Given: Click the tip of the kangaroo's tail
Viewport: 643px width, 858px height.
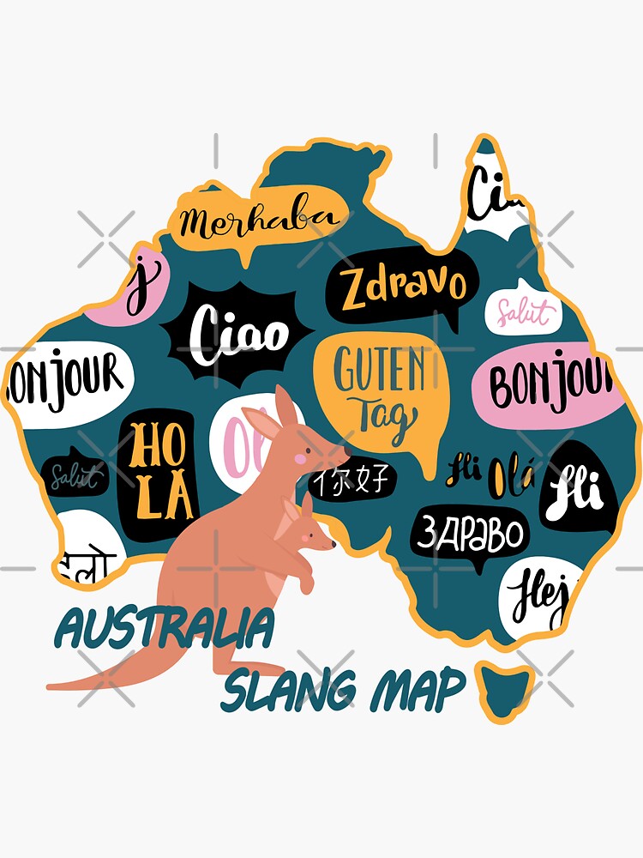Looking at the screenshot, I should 53,686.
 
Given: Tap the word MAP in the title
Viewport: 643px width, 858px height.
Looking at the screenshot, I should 418,689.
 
